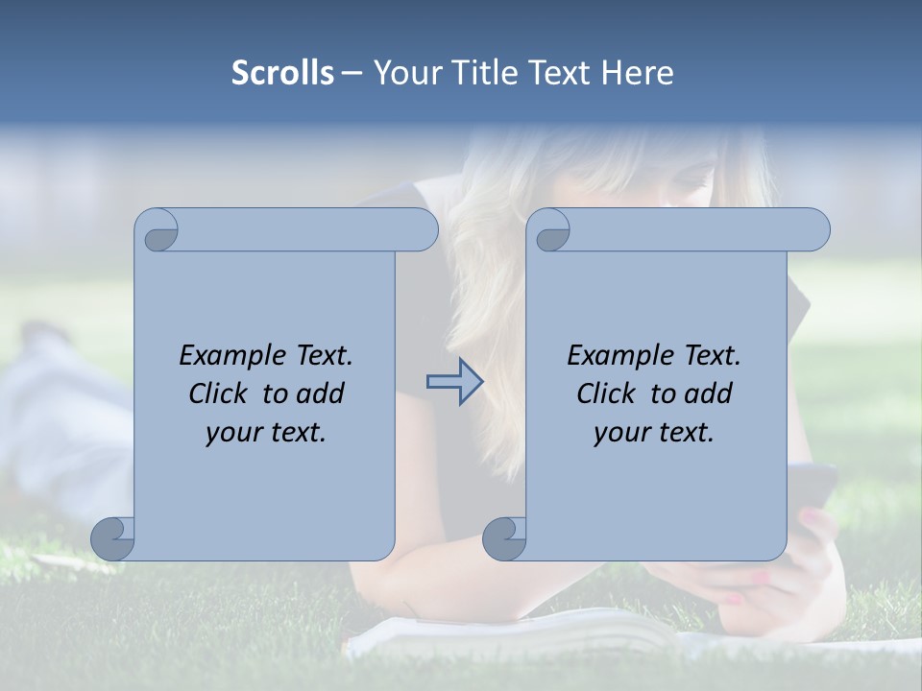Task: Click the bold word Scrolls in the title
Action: pos(282,73)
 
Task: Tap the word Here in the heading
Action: pos(637,73)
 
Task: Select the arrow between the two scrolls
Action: pos(454,382)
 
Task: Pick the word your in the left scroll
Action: pos(231,433)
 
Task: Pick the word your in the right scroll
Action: pos(619,433)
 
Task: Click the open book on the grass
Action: pos(519,633)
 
